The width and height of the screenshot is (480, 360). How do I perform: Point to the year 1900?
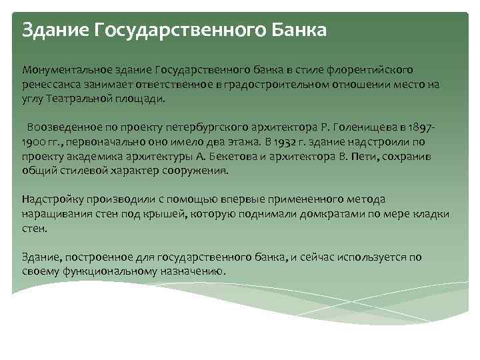point(35,142)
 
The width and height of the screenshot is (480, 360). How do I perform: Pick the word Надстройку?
point(53,199)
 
